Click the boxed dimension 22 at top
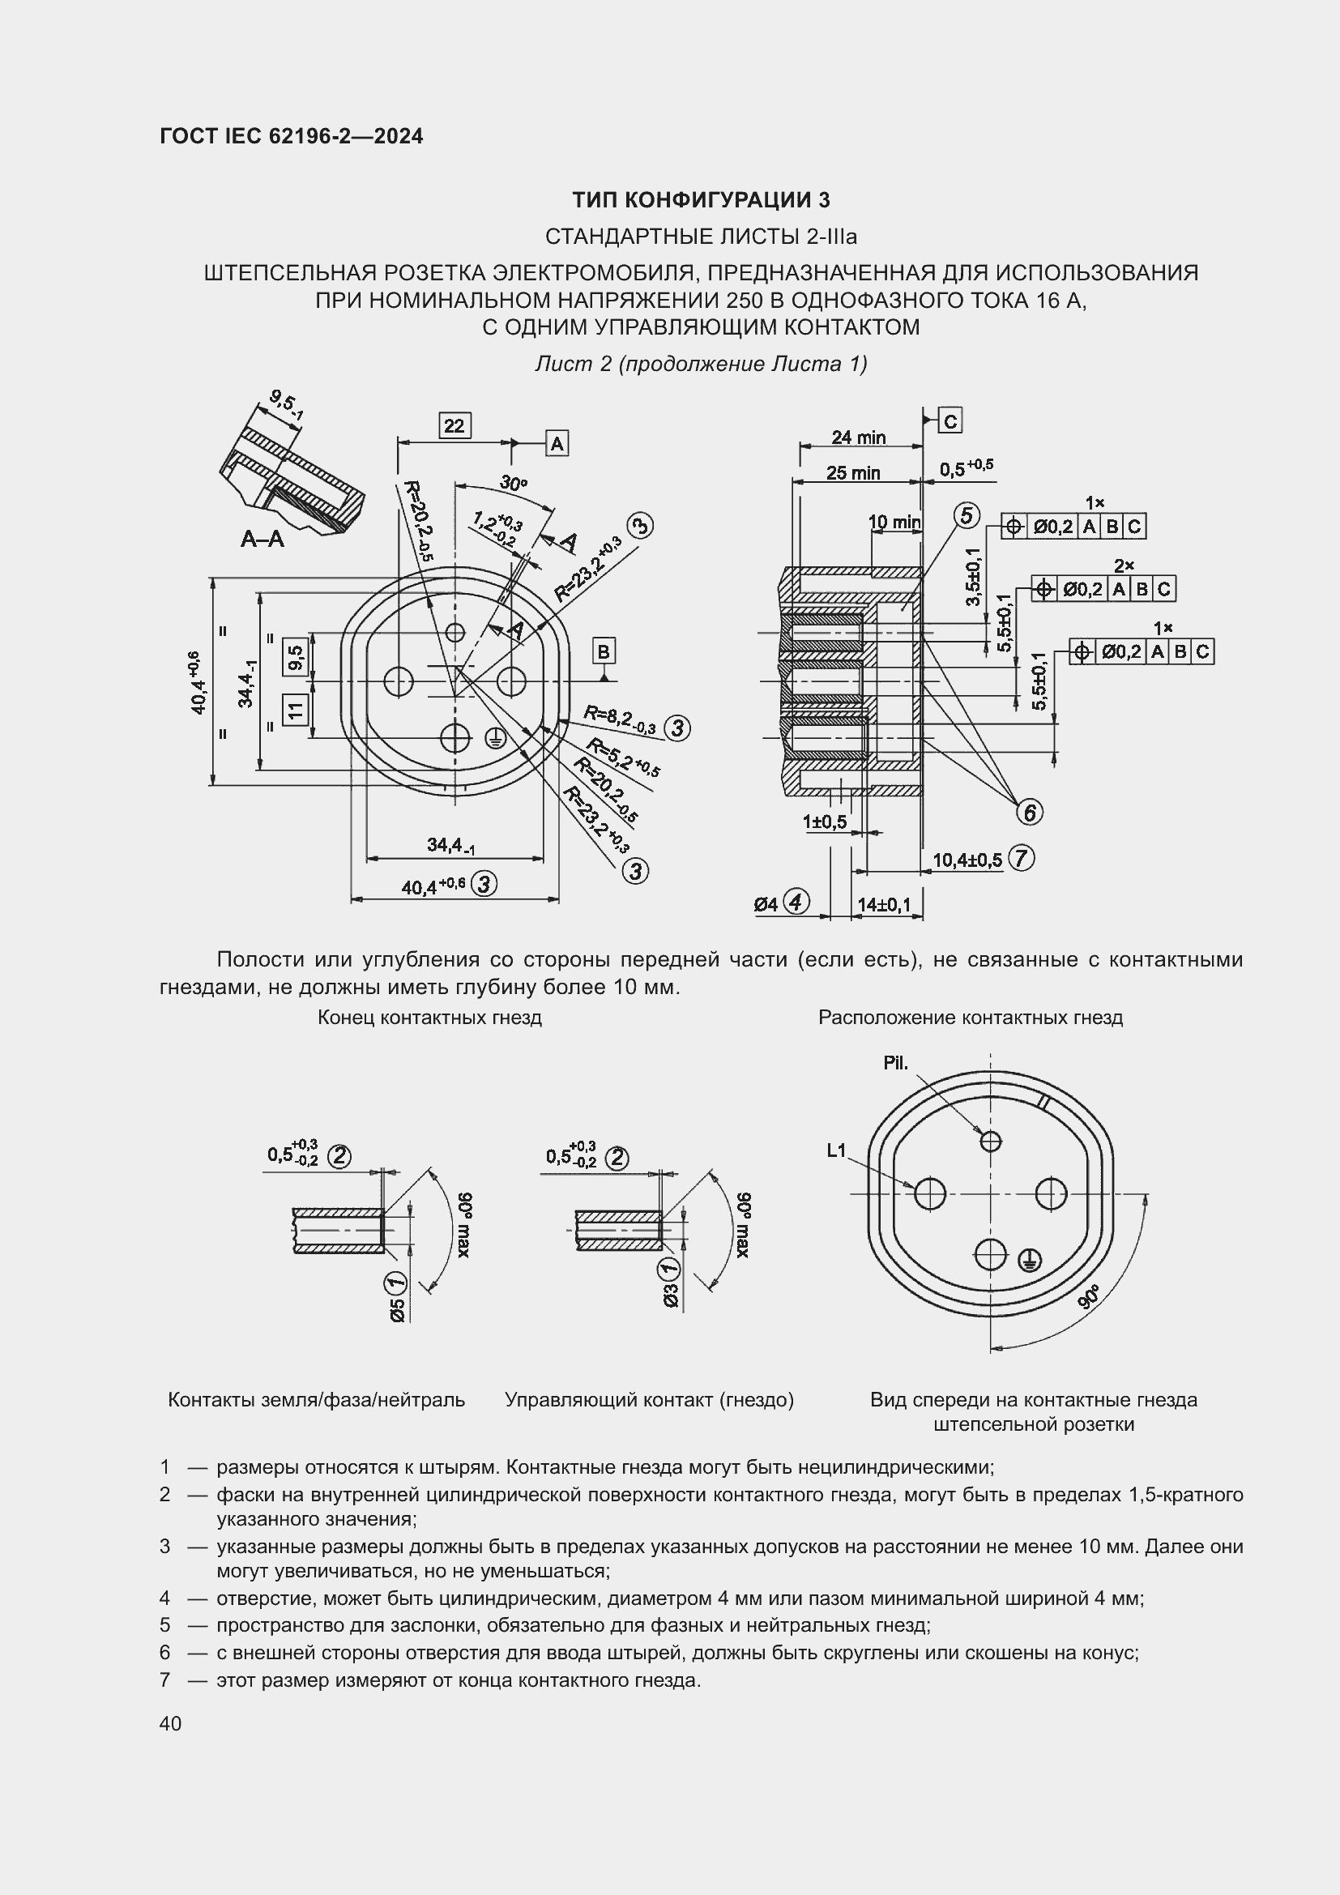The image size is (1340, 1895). pos(454,426)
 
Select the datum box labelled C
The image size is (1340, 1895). pos(950,421)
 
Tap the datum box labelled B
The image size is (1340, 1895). pos(604,651)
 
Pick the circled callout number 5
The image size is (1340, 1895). pos(967,516)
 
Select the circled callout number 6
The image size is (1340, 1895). pos(1029,812)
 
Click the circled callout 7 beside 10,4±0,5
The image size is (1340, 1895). pos(1021,858)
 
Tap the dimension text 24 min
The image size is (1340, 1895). pos(858,437)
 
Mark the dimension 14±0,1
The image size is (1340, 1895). pos(884,905)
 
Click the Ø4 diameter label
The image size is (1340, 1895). pos(766,905)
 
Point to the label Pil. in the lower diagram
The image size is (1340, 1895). pos(895,1063)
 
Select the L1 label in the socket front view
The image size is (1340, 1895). pos(837,1150)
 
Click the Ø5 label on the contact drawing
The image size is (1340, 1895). pos(397,1310)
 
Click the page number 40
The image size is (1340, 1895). pos(171,1723)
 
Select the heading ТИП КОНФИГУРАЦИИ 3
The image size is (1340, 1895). pos(701,200)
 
